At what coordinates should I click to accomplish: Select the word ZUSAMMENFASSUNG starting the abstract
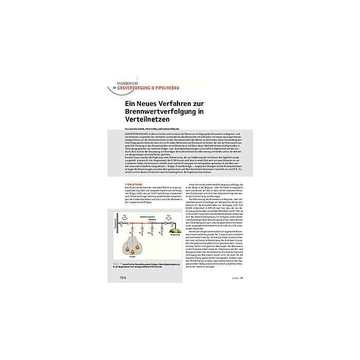coord(134,133)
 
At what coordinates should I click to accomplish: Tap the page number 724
coord(123,278)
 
